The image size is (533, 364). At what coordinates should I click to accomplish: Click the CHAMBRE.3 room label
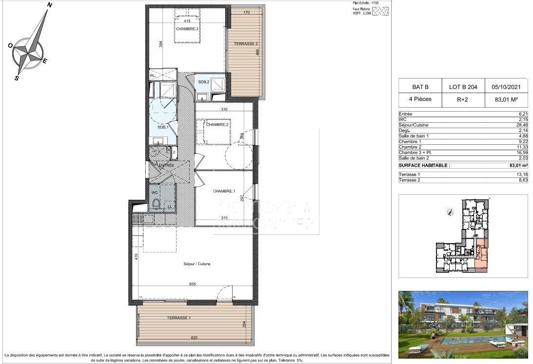point(187,29)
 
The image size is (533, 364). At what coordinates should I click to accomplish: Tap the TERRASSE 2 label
point(246,43)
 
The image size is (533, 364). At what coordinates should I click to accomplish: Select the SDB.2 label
point(203,81)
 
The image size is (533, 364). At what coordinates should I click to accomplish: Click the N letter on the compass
point(49,5)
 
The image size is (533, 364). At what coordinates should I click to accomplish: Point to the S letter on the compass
point(17,77)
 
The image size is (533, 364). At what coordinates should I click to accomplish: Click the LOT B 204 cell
point(463,87)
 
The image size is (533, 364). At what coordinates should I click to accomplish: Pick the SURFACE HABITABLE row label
point(422,165)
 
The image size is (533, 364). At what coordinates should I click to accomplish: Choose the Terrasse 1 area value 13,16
point(522,174)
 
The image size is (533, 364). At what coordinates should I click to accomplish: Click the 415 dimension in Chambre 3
point(187,21)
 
